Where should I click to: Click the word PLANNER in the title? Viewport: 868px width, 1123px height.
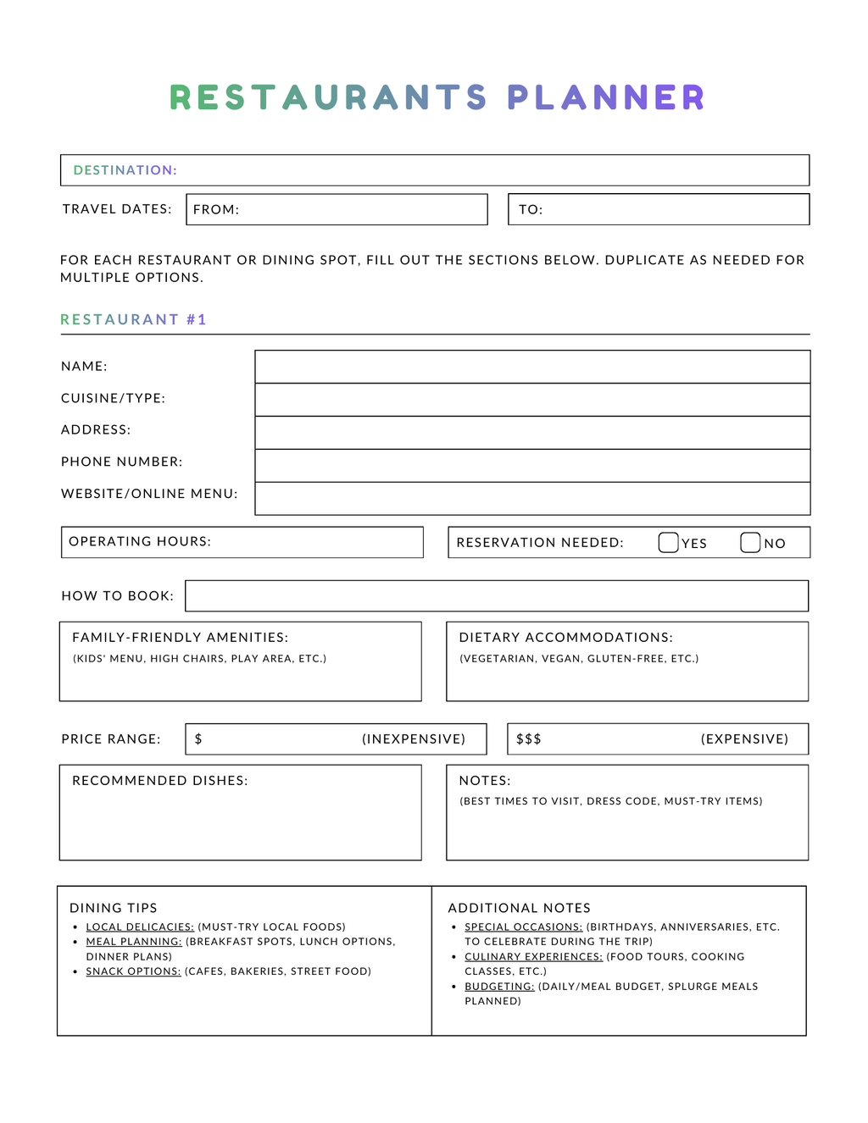click(x=606, y=97)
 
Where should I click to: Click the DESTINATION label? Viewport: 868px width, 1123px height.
click(x=125, y=170)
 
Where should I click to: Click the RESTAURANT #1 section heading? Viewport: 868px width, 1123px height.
click(x=133, y=319)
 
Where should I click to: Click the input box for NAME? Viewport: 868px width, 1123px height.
click(x=532, y=367)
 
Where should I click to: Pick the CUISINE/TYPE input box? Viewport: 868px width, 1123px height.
click(x=532, y=400)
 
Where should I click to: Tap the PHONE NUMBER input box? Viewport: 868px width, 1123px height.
click(x=532, y=466)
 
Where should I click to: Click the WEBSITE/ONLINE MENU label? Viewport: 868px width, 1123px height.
click(x=149, y=494)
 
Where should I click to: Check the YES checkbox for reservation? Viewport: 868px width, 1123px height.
click(x=668, y=543)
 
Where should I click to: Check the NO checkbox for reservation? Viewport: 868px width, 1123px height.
click(x=750, y=543)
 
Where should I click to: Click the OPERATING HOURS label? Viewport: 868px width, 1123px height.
click(x=140, y=541)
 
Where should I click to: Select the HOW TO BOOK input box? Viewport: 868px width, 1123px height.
click(x=497, y=595)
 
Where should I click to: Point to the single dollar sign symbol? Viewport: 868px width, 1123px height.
click(x=198, y=739)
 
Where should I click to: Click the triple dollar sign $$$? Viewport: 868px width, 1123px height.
click(x=529, y=739)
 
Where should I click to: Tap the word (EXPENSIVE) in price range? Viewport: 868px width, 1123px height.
click(x=744, y=739)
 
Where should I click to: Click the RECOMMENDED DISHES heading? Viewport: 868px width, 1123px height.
click(x=160, y=781)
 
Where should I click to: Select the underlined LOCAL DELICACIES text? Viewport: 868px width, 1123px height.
click(x=140, y=927)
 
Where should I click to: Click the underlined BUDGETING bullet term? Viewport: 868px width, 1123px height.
click(x=499, y=987)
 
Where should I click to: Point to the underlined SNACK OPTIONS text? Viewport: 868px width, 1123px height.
click(x=133, y=971)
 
